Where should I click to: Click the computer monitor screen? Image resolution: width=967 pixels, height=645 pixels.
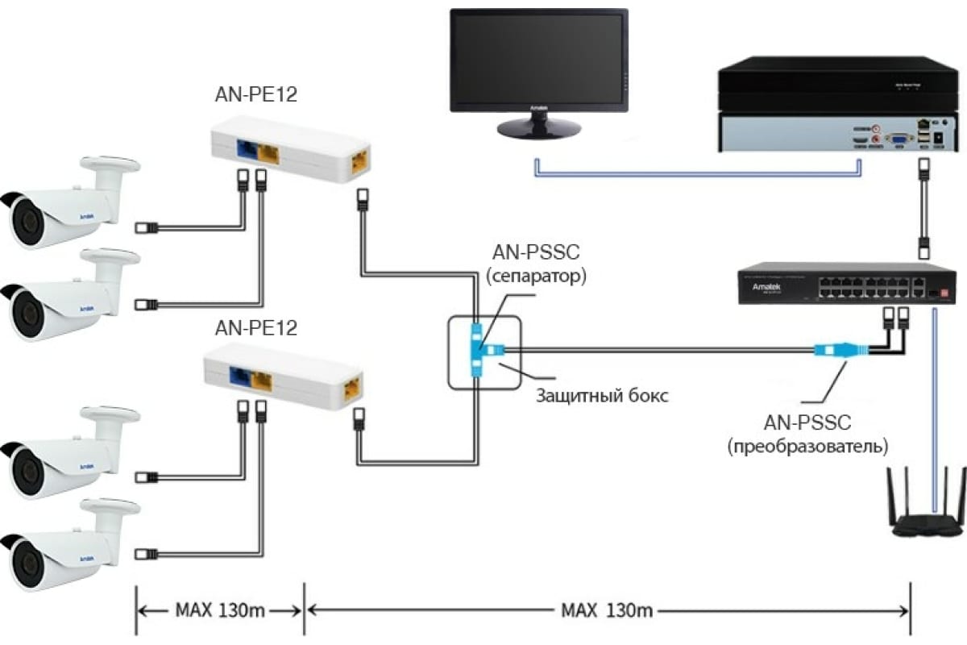coord(538,61)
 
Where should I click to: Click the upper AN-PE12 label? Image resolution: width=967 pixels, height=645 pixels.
coord(255,94)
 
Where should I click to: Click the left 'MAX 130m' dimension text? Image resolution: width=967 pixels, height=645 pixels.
coord(220,610)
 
